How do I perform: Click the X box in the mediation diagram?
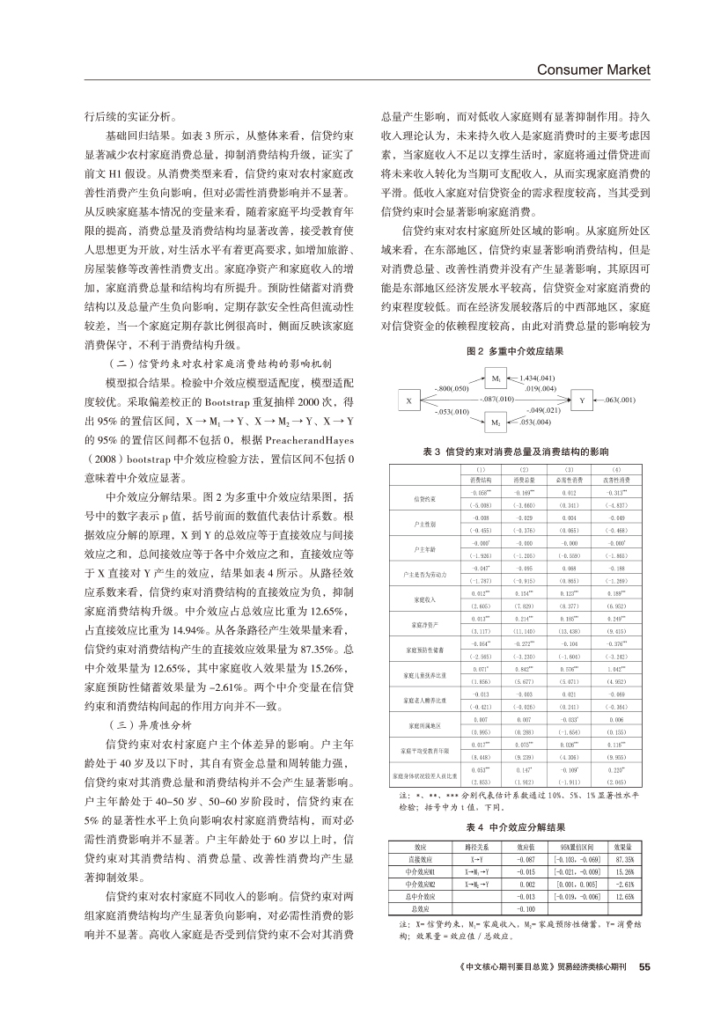point(408,400)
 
